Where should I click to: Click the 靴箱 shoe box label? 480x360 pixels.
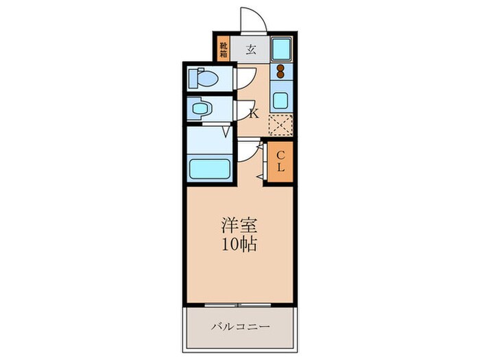click(223, 50)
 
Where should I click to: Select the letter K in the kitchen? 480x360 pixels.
click(253, 113)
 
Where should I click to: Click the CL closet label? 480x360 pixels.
click(281, 162)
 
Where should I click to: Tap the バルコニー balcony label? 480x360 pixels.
click(239, 326)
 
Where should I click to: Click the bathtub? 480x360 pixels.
click(209, 168)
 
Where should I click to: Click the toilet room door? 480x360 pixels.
click(245, 80)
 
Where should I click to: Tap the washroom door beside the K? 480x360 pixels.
click(244, 110)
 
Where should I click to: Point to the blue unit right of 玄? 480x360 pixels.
click(282, 49)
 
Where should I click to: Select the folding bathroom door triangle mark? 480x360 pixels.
click(226, 132)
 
